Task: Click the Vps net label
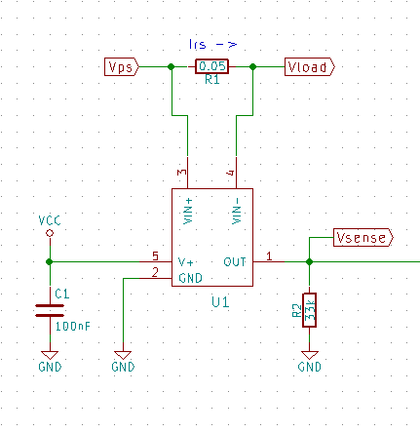point(122,66)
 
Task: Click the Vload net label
point(309,66)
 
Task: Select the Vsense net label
point(363,237)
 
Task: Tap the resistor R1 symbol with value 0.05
point(211,66)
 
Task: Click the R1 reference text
point(211,81)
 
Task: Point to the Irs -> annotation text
point(211,43)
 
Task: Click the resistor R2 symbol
point(310,310)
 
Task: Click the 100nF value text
point(74,328)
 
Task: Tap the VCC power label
point(49,221)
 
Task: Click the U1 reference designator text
point(220,303)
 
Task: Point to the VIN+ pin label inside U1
point(189,211)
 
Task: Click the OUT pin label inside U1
point(234,261)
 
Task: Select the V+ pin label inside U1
point(186,261)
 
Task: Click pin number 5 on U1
point(155,255)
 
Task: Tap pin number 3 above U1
point(182,173)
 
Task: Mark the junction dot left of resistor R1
point(172,66)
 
